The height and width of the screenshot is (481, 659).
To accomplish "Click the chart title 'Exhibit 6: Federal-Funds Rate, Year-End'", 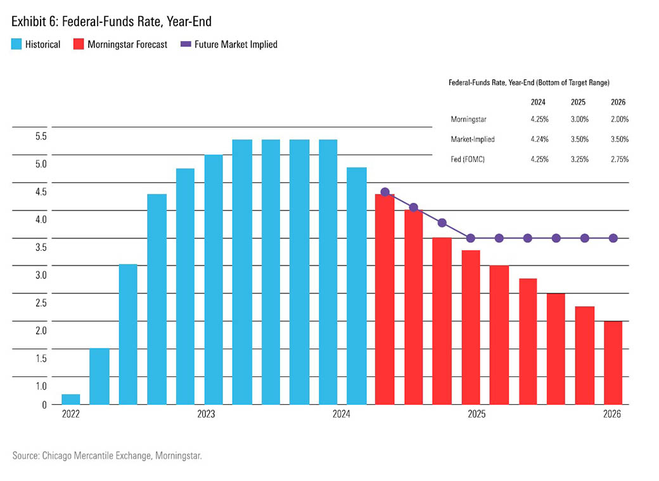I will pyautogui.click(x=111, y=22).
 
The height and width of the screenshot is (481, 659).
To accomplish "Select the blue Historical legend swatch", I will pyautogui.click(x=16, y=44).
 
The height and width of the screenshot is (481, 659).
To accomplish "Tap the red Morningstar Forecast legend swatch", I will pyautogui.click(x=79, y=44).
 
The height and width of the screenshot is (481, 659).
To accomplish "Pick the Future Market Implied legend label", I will pyautogui.click(x=236, y=44).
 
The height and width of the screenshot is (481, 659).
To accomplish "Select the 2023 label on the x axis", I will pyautogui.click(x=205, y=414).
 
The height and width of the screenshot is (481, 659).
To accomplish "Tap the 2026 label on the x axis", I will pyautogui.click(x=611, y=414).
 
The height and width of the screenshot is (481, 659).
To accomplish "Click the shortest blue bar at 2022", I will pyautogui.click(x=71, y=399).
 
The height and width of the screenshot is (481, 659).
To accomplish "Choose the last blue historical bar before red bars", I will pyautogui.click(x=357, y=285).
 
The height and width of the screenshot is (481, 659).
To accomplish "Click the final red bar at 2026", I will pyautogui.click(x=613, y=362).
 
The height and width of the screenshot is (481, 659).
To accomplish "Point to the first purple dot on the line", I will pyautogui.click(x=385, y=192).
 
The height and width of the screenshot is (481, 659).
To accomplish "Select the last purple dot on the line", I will pyautogui.click(x=613, y=238).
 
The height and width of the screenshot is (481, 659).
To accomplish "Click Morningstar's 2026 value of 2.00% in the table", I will pyautogui.click(x=620, y=119).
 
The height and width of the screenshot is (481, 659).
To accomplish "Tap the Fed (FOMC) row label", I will pyautogui.click(x=469, y=160).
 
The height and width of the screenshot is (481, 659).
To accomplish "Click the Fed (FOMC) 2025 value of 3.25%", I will pyautogui.click(x=579, y=160).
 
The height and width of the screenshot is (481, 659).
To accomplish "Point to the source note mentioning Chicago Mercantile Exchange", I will pyautogui.click(x=107, y=455).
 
